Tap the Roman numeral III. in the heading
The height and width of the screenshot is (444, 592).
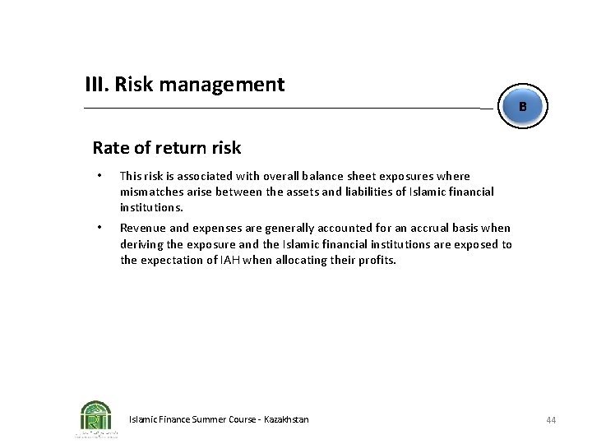97,84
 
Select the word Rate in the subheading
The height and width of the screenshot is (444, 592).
109,148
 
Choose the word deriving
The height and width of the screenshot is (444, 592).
141,244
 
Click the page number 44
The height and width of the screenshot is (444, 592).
551,420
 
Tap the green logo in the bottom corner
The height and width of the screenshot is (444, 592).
96,417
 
